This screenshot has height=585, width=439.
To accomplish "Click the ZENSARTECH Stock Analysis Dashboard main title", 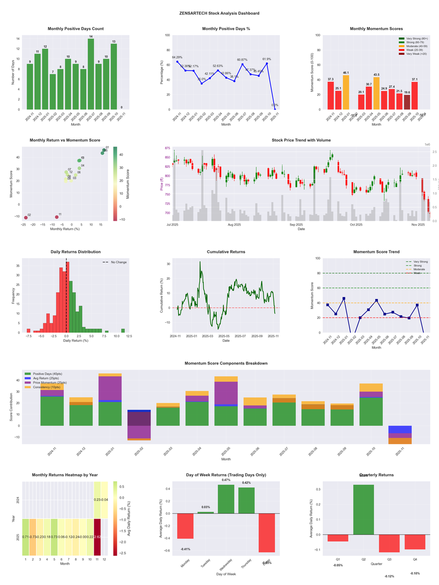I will [x=219, y=13].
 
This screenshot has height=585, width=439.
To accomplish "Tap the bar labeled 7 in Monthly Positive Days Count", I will [x=53, y=92].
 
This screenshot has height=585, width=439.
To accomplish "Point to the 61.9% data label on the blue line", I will [x=267, y=59].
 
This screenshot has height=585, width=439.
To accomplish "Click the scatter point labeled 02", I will [x=26, y=218].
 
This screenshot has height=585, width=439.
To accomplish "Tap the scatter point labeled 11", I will [x=57, y=217].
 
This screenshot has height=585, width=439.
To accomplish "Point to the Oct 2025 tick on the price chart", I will [x=356, y=224].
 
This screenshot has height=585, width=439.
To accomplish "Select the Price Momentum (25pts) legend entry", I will [x=50, y=383].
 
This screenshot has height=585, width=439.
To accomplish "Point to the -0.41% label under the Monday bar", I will [x=185, y=549].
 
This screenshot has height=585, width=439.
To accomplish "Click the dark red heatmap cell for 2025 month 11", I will [x=97, y=537].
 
